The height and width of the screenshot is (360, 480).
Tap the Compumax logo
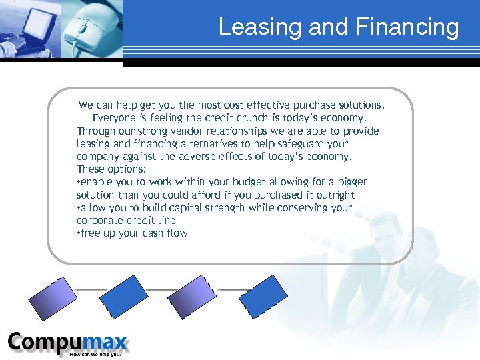[67, 343]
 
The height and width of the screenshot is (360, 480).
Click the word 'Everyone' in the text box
[113, 118]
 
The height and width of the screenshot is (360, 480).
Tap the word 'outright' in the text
[334, 195]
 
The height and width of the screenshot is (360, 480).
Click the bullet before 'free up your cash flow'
[79, 233]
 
